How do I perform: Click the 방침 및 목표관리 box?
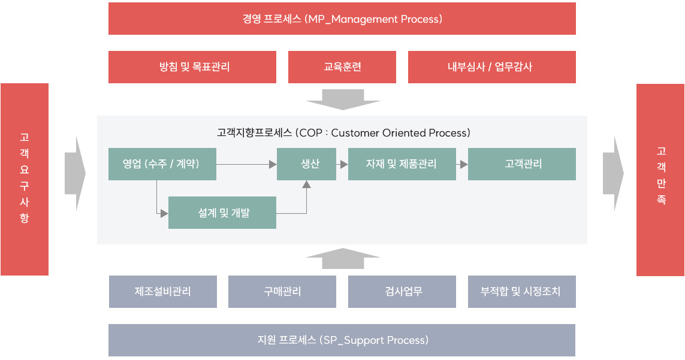point(192,67)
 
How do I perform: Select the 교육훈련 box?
point(342,67)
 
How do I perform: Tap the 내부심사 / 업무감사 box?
point(492,67)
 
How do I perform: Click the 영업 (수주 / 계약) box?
point(162,164)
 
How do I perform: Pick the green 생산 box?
point(306,164)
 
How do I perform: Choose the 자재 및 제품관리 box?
point(402,164)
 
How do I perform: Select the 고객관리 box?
point(521,164)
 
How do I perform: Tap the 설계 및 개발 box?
point(222,212)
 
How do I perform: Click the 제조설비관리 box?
point(163,291)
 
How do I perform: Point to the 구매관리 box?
point(282,291)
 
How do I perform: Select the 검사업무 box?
point(402,291)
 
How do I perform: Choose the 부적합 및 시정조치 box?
point(521,291)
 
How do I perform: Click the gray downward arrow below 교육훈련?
point(343,99)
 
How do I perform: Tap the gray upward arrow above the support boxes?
point(343,259)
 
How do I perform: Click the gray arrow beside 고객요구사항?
point(75,174)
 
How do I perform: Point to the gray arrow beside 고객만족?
point(613,174)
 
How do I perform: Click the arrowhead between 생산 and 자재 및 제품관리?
point(344,164)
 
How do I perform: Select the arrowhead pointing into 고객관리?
point(464,164)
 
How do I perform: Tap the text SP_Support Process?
point(374,340)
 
